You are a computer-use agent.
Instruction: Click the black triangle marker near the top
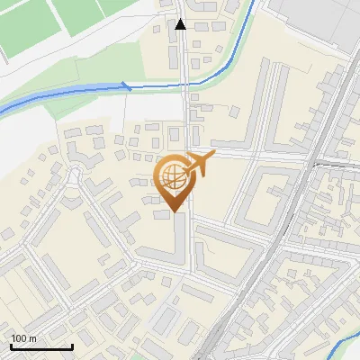click(x=181, y=24)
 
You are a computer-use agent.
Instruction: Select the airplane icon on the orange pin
click(x=199, y=165)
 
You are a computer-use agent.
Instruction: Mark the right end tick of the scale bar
click(x=72, y=346)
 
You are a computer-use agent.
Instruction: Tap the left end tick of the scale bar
click(x=11, y=346)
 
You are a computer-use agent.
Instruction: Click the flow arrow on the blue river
click(x=127, y=86)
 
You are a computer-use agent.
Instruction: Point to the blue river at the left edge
click(x=4, y=111)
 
